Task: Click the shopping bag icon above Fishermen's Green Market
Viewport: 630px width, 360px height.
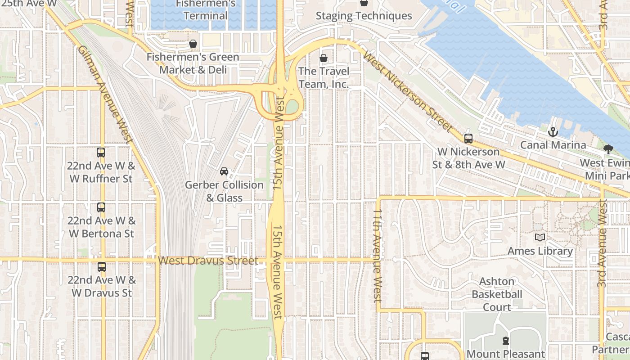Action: click(x=193, y=44)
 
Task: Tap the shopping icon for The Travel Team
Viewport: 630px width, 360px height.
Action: click(x=323, y=58)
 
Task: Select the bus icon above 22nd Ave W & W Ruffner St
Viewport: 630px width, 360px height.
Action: click(x=101, y=153)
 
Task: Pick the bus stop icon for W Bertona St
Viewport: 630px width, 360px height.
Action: click(x=101, y=207)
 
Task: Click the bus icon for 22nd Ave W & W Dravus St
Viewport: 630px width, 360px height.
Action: click(x=101, y=266)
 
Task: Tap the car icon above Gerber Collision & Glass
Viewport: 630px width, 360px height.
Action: click(x=224, y=171)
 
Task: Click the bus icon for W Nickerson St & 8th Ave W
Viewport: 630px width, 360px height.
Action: click(x=468, y=139)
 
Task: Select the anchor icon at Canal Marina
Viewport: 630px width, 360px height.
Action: click(x=553, y=132)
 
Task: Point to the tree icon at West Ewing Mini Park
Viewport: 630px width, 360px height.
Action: click(x=608, y=149)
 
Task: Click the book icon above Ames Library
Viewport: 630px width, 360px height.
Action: click(x=540, y=237)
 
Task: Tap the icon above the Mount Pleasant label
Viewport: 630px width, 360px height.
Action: click(x=505, y=341)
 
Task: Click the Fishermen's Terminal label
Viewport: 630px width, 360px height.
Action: click(x=206, y=10)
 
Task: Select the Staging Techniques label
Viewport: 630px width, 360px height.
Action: click(x=364, y=16)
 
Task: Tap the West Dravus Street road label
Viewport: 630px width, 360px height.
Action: click(x=208, y=261)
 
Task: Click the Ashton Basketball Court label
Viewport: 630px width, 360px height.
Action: click(x=497, y=294)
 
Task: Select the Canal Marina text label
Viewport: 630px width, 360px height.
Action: click(x=553, y=145)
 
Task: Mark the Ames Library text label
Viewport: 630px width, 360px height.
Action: click(x=540, y=251)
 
